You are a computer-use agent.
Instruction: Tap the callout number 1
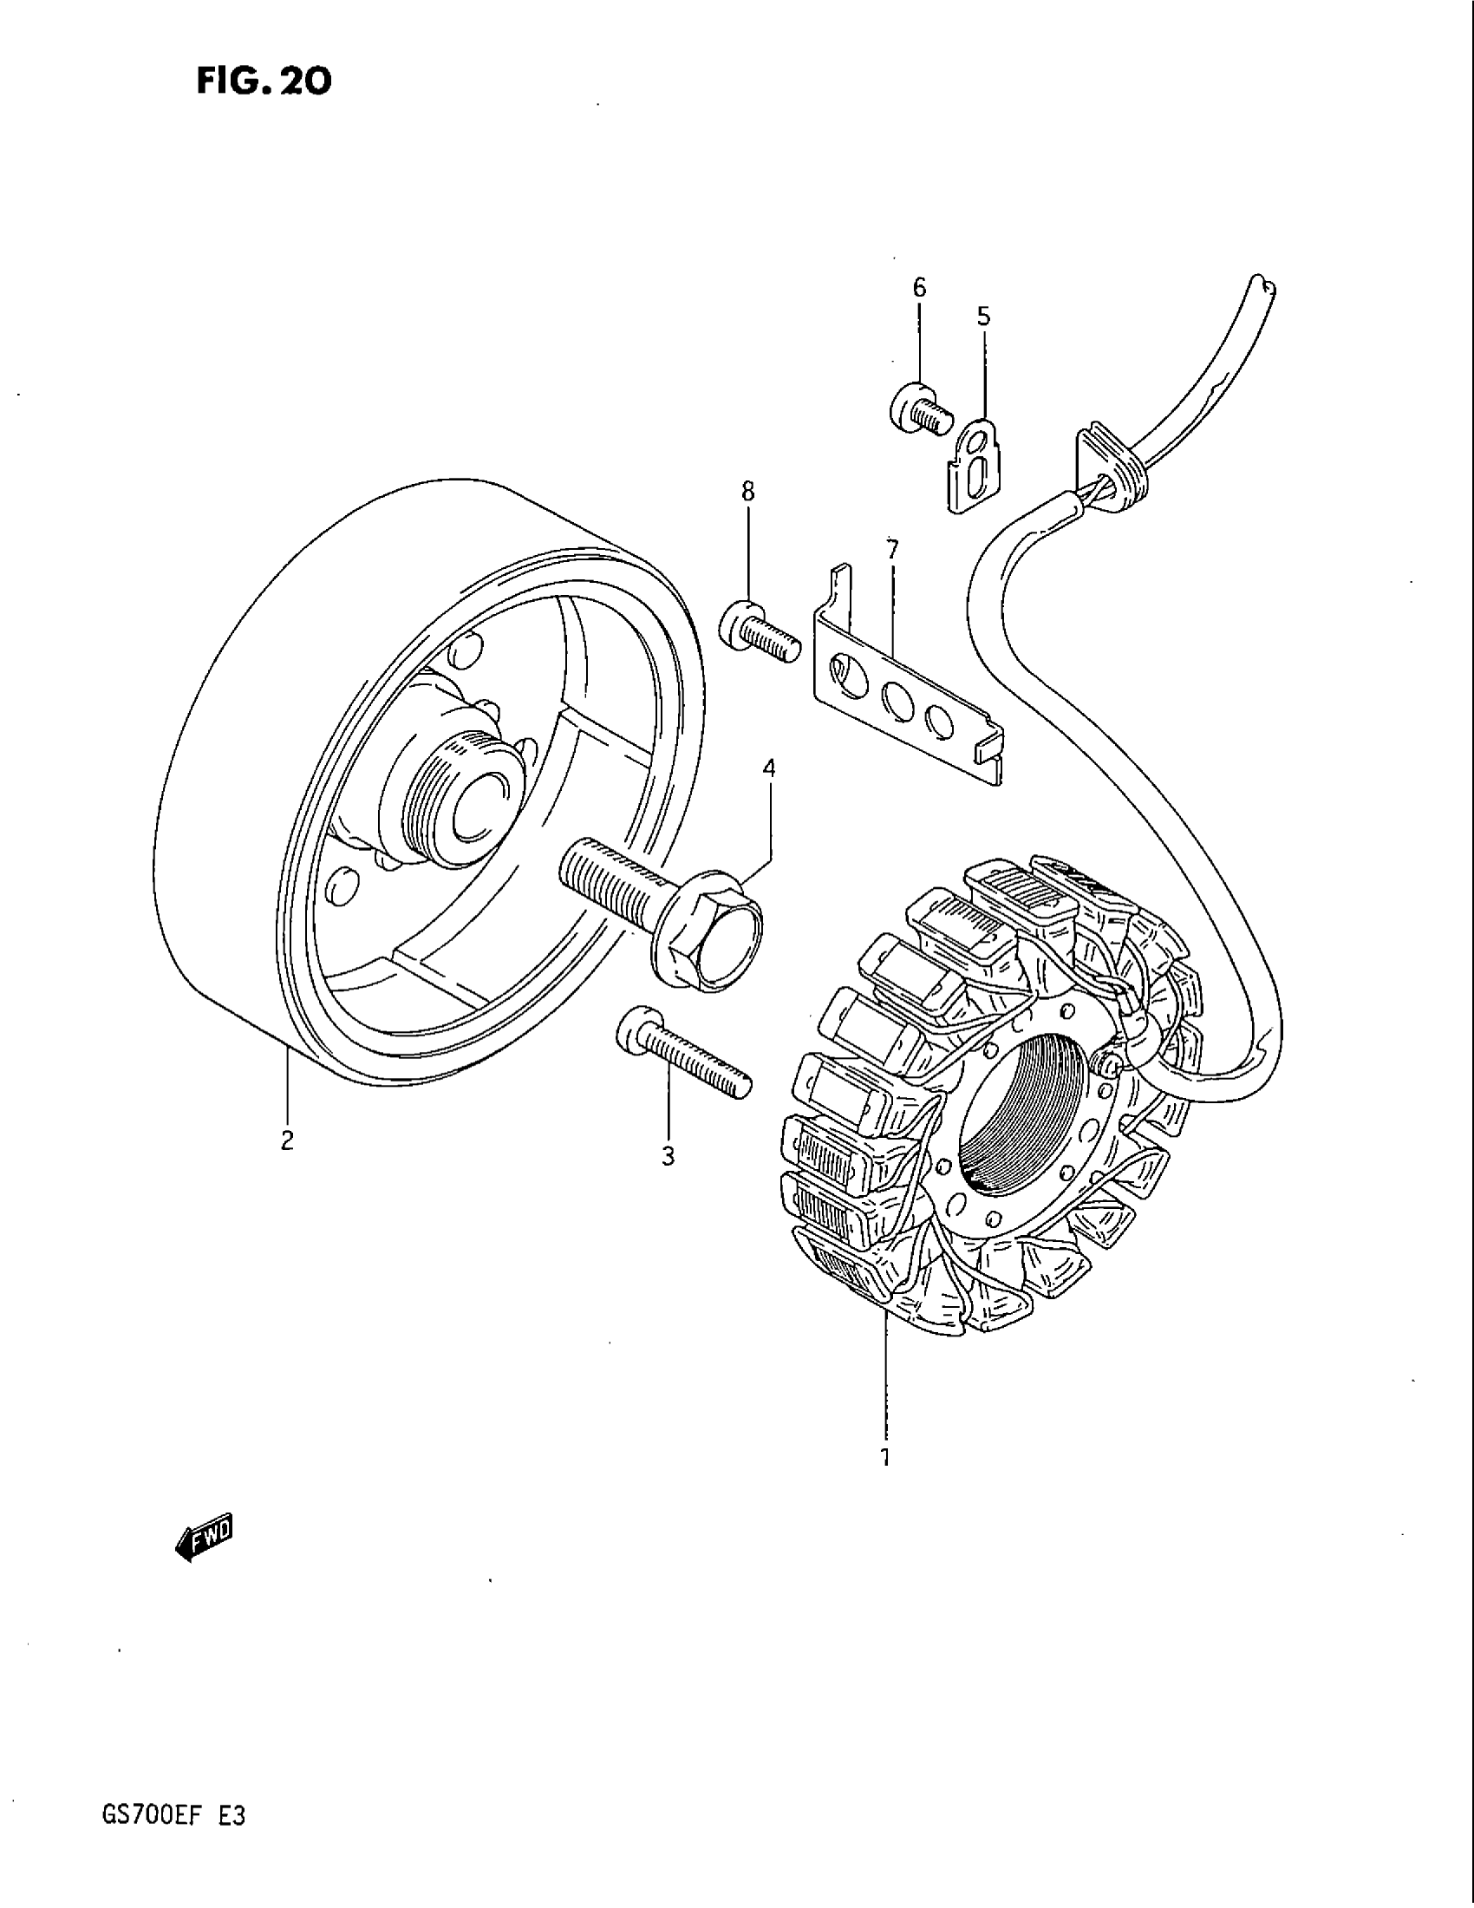point(885,1456)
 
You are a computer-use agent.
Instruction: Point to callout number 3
point(668,1157)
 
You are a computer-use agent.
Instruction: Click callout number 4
point(768,768)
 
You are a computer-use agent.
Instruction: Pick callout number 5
point(983,317)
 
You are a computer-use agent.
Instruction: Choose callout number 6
point(918,287)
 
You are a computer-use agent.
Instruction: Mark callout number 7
point(891,550)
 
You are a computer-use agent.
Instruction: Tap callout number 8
point(747,492)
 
